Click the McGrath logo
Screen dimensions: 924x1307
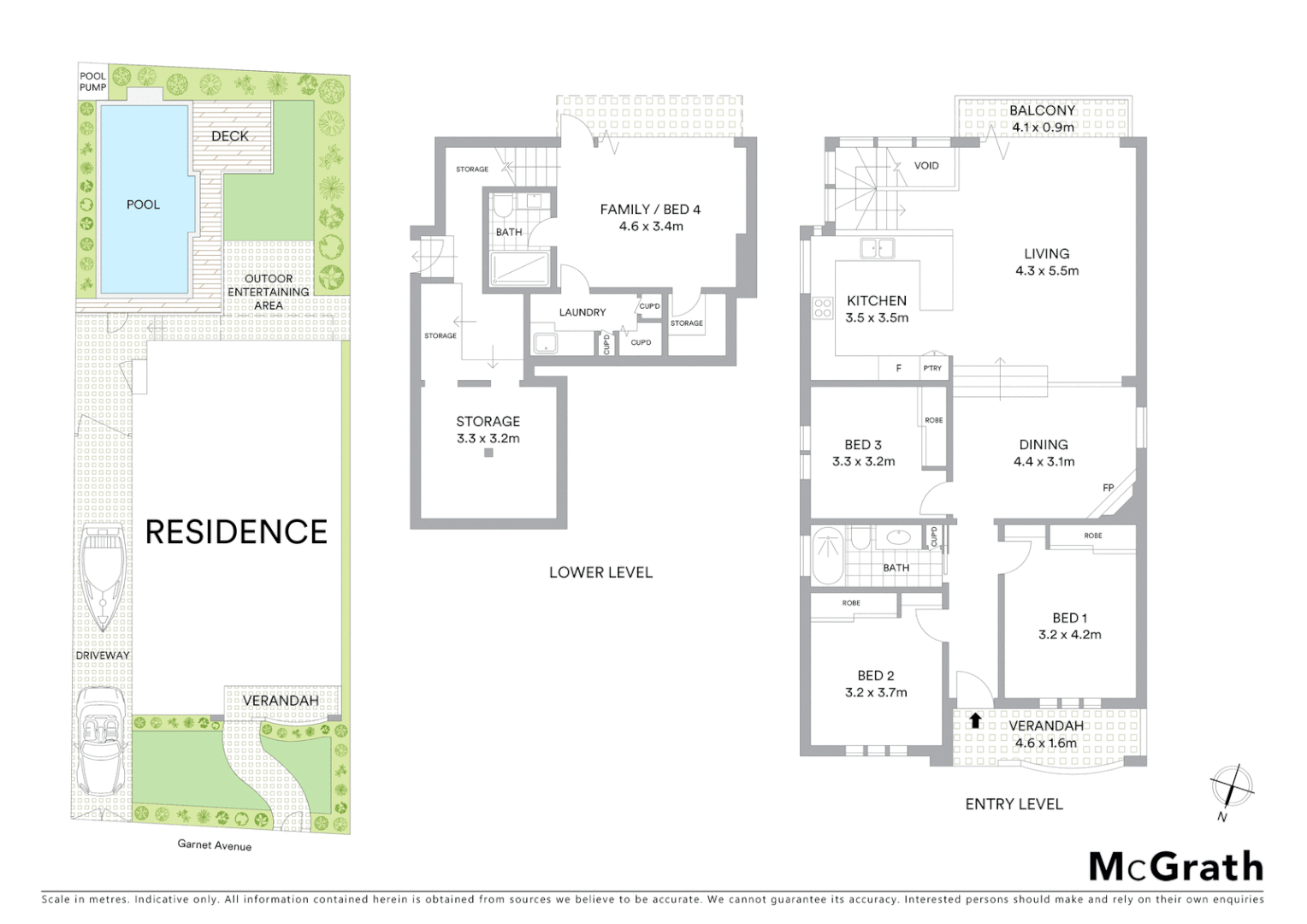point(1175,867)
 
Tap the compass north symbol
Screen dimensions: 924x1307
point(1231,786)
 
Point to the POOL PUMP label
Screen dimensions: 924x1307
point(92,81)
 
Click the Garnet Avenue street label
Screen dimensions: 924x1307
point(214,845)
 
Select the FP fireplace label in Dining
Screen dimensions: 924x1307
point(1108,488)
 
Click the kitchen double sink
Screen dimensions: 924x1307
point(878,248)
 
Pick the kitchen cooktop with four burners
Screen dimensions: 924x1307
point(823,307)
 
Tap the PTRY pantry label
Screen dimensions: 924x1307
point(932,368)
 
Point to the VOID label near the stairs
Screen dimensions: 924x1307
point(926,165)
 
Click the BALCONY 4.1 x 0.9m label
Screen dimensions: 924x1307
point(1042,119)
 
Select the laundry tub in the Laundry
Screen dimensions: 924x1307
point(544,344)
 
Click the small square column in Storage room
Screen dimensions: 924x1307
point(488,453)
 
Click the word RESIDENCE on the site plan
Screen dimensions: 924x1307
point(236,532)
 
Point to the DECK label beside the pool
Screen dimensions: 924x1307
point(229,136)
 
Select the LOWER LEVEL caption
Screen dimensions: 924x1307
point(600,572)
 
